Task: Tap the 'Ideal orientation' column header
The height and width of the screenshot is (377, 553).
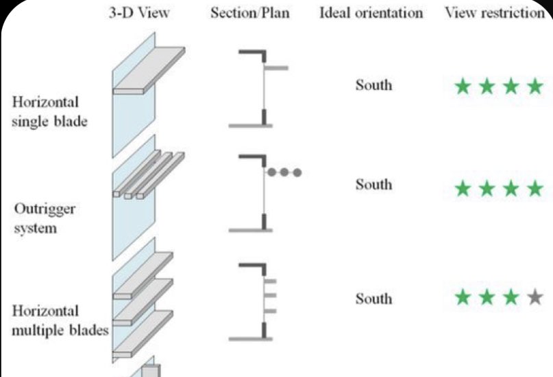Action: (x=371, y=13)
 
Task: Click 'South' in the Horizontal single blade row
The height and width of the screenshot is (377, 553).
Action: (x=373, y=85)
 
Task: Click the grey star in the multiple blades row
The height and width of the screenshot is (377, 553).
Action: (x=535, y=297)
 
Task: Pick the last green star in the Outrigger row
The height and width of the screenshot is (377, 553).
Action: (x=535, y=187)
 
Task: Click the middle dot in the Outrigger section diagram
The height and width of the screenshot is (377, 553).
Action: (x=284, y=172)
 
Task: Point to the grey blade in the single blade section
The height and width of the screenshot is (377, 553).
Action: (x=276, y=68)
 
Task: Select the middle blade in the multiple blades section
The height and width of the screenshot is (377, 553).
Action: (x=270, y=296)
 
